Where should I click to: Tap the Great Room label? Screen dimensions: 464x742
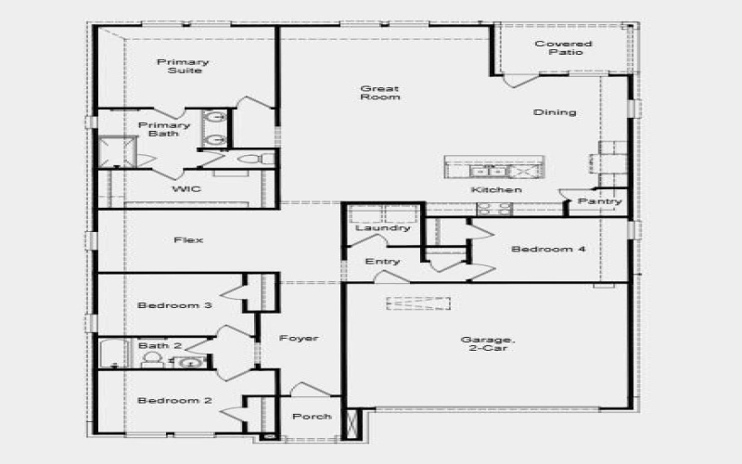point(379,93)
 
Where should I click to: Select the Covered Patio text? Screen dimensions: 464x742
point(564,47)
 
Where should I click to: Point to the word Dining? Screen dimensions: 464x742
point(555,112)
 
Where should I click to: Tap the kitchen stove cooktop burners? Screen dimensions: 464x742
point(493,209)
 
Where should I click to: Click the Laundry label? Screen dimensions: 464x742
point(383,227)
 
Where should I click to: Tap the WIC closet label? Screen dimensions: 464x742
point(185,188)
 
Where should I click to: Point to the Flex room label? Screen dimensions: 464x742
point(188,240)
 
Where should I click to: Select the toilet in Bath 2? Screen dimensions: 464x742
point(153,359)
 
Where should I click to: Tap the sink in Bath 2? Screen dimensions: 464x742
point(189,362)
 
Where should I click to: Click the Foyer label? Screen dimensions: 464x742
point(299,339)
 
